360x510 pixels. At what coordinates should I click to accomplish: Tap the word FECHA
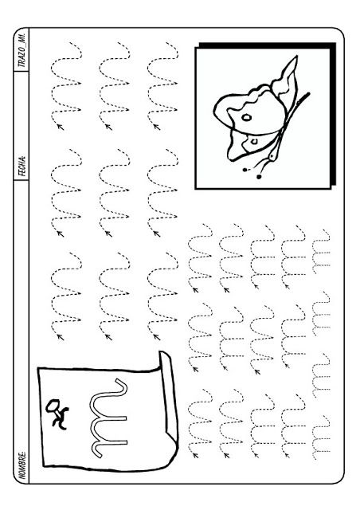[x=22, y=166]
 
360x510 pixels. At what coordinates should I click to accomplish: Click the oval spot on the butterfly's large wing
[x=246, y=117]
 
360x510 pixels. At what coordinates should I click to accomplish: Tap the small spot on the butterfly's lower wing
[x=254, y=141]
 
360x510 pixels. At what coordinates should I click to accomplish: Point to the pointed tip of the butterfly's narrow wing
[x=296, y=57]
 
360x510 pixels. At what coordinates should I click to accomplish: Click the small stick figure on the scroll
[x=57, y=413]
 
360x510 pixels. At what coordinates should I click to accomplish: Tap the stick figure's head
[x=52, y=406]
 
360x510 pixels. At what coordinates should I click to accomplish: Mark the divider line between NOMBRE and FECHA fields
[x=22, y=179]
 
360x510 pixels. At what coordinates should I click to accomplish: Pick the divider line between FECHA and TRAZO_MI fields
[x=22, y=71]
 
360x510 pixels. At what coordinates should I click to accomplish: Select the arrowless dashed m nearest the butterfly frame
[x=321, y=251]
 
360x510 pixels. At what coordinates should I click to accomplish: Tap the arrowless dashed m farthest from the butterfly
[x=321, y=437]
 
